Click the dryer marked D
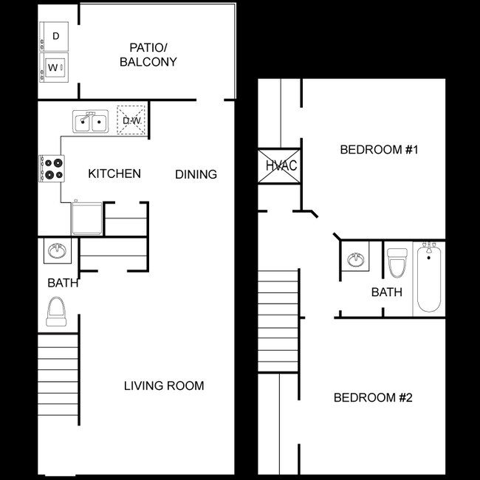point(54,36)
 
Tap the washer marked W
point(54,68)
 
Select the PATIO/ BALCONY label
point(148,55)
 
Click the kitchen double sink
point(91,121)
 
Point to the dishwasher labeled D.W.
point(131,120)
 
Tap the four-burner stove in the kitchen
point(52,168)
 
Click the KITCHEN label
point(114,174)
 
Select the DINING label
point(196,174)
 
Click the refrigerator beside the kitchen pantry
point(87,218)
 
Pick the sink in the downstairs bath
point(58,251)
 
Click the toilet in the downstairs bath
point(56,312)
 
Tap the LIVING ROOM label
point(164,385)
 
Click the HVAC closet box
point(279,166)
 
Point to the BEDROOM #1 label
point(379,150)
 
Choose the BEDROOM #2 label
point(373,397)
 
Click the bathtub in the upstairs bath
point(429,277)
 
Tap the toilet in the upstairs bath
point(397,263)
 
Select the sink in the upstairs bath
point(356,260)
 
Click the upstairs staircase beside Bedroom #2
point(278,320)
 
